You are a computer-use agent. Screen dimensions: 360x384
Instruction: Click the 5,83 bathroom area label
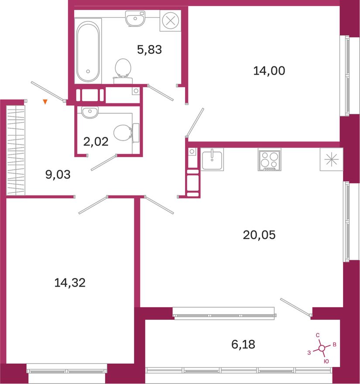pyautogui.click(x=149, y=50)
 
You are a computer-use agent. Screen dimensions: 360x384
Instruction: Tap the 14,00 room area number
pyautogui.click(x=269, y=71)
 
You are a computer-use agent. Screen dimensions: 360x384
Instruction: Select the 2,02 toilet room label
pyautogui.click(x=96, y=142)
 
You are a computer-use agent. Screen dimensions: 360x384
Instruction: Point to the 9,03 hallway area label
pyautogui.click(x=58, y=175)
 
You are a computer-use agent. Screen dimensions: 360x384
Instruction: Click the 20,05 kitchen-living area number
pyautogui.click(x=259, y=235)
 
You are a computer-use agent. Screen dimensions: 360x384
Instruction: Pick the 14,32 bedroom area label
pyautogui.click(x=70, y=283)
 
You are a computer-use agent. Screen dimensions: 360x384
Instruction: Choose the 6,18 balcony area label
pyautogui.click(x=243, y=344)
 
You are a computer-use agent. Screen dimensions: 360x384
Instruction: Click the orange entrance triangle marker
pyautogui.click(x=45, y=102)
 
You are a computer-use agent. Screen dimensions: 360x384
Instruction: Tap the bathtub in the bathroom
pyautogui.click(x=88, y=51)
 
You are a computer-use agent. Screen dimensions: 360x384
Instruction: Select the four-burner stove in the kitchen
pyautogui.click(x=269, y=159)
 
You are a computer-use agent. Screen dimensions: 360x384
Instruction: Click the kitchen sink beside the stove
pyautogui.click(x=212, y=159)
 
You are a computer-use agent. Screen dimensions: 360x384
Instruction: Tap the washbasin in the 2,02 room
pyautogui.click(x=90, y=112)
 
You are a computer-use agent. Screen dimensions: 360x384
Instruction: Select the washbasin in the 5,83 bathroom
pyautogui.click(x=135, y=18)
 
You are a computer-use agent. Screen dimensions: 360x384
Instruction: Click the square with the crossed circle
pyautogui.click(x=171, y=21)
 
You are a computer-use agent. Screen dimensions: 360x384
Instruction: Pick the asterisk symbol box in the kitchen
pyautogui.click(x=331, y=159)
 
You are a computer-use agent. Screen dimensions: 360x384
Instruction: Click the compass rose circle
pyautogui.click(x=322, y=348)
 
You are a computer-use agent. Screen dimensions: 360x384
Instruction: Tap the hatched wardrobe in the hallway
pyautogui.click(x=15, y=150)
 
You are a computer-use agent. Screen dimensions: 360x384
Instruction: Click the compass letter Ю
pyautogui.click(x=326, y=361)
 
